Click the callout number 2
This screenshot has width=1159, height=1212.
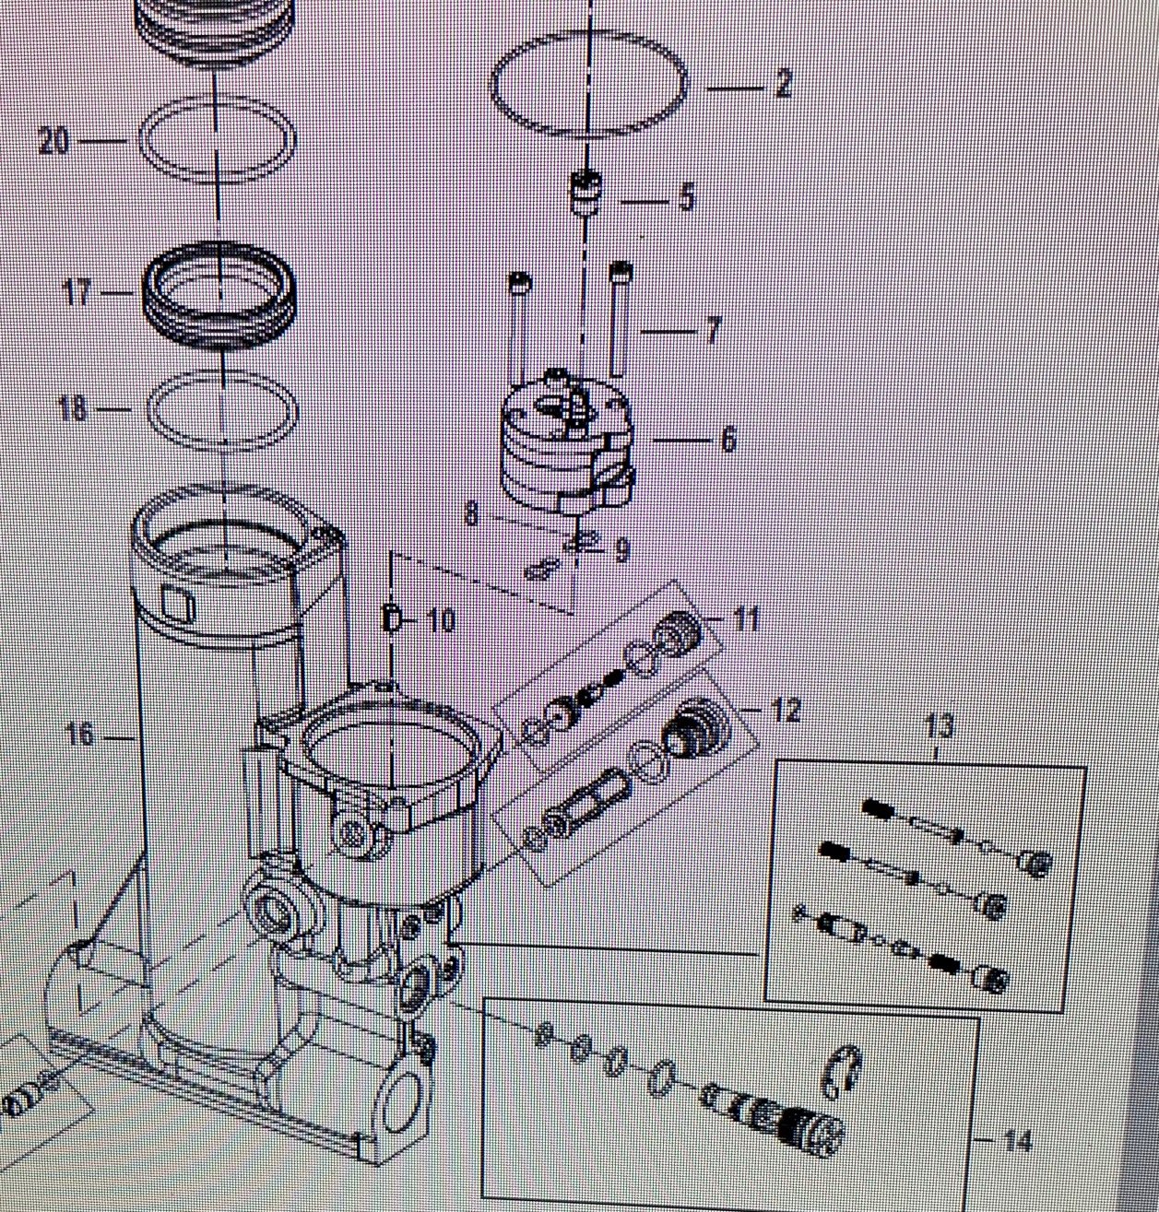pos(784,84)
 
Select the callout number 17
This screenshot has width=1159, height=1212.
pos(77,291)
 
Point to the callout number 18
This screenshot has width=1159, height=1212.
pos(73,409)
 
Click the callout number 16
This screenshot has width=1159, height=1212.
pos(81,735)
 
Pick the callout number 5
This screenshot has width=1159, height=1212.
pos(685,197)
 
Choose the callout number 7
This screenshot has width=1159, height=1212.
pos(713,330)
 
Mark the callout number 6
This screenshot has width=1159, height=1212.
pos(728,439)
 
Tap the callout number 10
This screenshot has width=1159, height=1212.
pos(442,620)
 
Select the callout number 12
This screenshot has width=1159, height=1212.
pos(786,710)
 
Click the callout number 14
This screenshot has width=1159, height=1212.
pos(1018,1141)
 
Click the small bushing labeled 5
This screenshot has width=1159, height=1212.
pos(585,193)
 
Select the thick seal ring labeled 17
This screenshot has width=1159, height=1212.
pos(219,296)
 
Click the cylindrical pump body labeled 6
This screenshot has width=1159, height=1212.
pos(568,445)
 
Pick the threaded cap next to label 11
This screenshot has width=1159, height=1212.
pos(678,631)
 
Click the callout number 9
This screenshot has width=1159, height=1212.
pos(621,550)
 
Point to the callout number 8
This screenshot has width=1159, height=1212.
pos(472,514)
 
